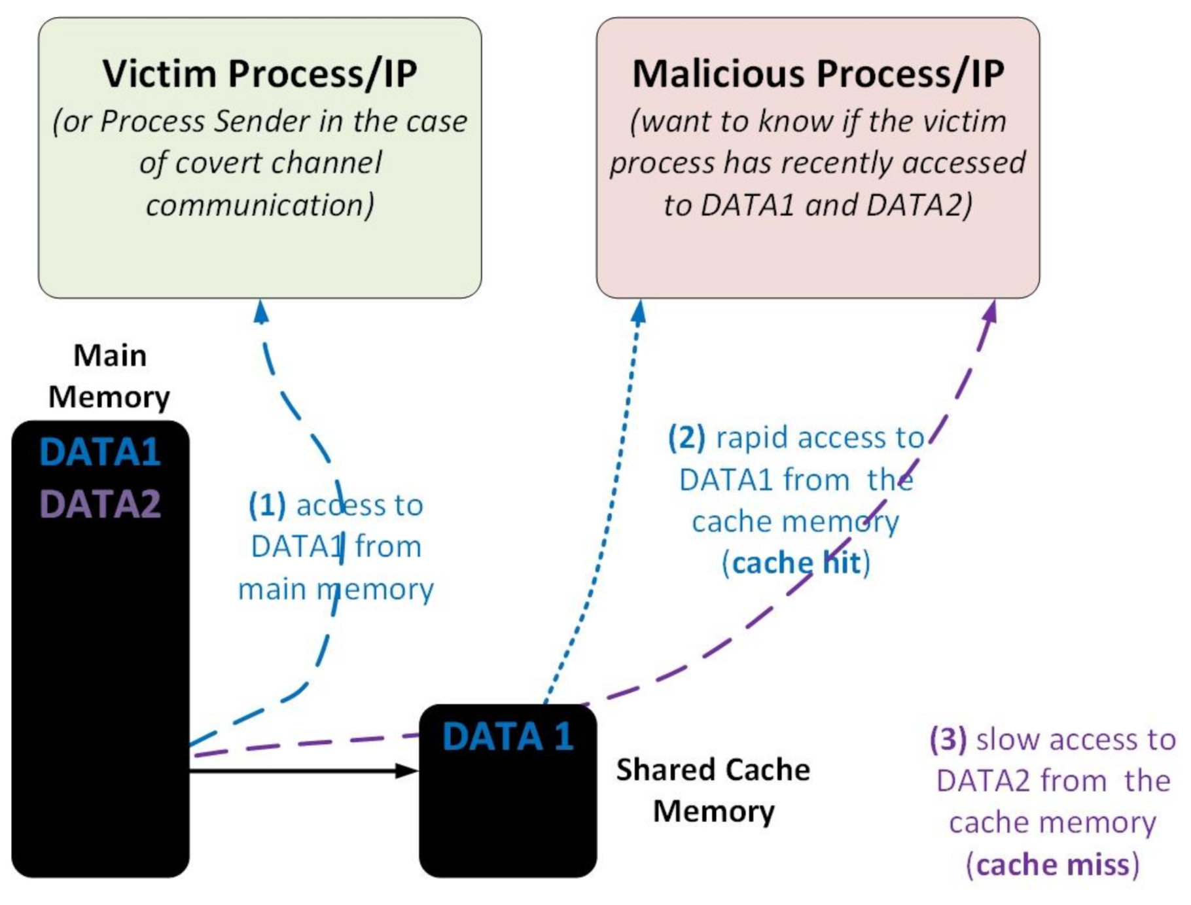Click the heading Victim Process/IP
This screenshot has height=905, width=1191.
(x=260, y=73)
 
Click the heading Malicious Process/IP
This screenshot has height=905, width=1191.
(x=818, y=73)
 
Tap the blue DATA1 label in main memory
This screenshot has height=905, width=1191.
(x=100, y=452)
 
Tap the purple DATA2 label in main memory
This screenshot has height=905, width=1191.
(x=100, y=505)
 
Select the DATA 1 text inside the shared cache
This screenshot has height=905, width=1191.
(x=508, y=736)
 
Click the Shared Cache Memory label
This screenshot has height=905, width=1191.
(x=713, y=790)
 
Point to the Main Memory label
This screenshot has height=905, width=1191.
(x=109, y=376)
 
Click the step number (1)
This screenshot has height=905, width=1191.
(x=267, y=505)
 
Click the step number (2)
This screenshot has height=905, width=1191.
(x=686, y=437)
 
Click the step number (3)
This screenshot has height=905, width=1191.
(x=948, y=739)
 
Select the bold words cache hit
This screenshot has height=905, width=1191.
(x=796, y=563)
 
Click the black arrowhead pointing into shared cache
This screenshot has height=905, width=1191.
(x=407, y=771)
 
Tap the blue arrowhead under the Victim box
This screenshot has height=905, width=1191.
(x=261, y=312)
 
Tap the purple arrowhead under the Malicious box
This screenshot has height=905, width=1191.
(x=991, y=312)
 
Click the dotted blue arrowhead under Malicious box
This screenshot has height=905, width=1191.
(x=639, y=312)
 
